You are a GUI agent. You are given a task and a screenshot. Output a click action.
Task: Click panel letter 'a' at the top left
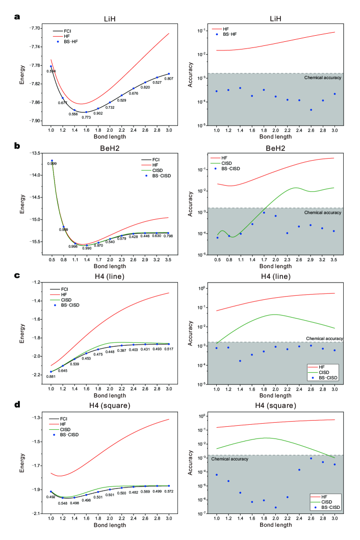click(x=18, y=16)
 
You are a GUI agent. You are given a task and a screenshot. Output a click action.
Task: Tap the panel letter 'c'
click(x=18, y=276)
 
